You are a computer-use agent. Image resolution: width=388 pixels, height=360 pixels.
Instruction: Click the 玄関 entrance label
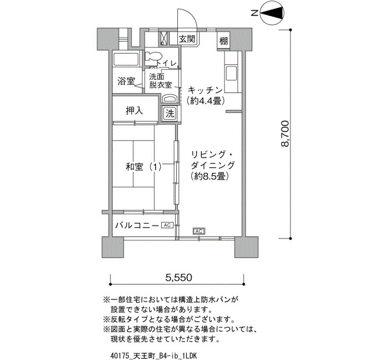(x=187, y=39)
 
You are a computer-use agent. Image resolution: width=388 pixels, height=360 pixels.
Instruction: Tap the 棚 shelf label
(x=223, y=40)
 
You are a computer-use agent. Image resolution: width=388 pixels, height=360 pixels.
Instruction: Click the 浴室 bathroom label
(x=126, y=81)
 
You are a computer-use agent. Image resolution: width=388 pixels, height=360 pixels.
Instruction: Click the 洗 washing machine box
(x=170, y=114)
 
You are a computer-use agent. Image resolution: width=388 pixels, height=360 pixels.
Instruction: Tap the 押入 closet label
(x=134, y=111)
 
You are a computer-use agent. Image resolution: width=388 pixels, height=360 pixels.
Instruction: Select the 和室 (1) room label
(x=143, y=167)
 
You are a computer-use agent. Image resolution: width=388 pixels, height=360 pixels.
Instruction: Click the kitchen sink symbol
(x=231, y=74)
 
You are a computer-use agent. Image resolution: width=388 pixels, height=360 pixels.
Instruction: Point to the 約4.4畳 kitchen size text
(x=206, y=101)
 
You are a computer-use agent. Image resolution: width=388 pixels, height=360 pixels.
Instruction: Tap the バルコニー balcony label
(x=137, y=225)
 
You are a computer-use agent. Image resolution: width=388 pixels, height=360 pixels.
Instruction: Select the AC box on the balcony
(x=167, y=225)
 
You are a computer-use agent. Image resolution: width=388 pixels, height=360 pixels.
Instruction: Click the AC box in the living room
(x=199, y=231)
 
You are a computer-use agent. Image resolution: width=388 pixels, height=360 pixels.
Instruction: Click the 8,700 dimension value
(x=284, y=134)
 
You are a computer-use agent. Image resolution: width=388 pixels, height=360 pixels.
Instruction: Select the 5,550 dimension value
(x=178, y=277)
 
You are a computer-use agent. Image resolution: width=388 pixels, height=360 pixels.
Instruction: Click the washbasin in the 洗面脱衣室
(x=170, y=99)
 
